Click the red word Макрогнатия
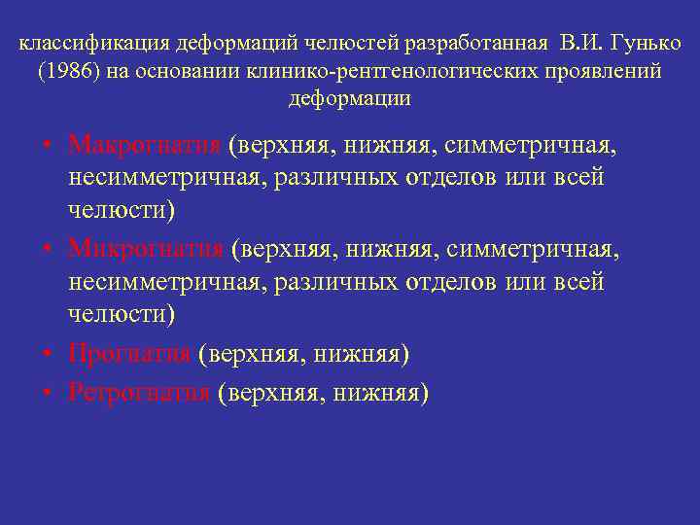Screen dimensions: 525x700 (145, 145)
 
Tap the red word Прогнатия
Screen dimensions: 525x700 (129, 355)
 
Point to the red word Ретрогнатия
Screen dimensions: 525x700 (140, 392)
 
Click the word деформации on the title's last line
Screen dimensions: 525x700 (349, 98)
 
